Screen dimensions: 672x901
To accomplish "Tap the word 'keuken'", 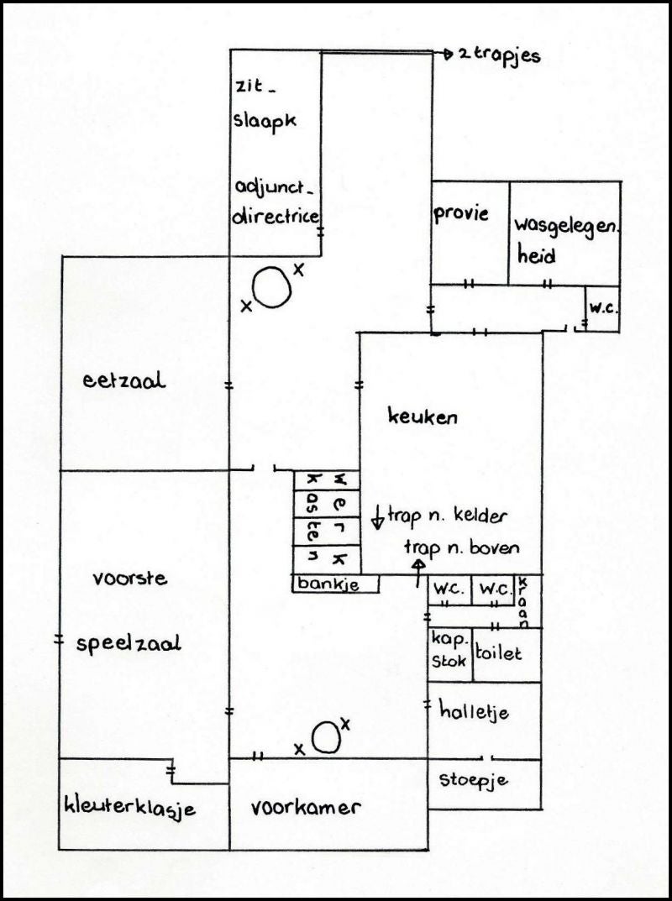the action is point(423,416).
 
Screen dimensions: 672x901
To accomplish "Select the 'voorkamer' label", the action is point(306,807).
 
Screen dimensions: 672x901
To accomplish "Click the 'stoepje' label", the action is point(474,780).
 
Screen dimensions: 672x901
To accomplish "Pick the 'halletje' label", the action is point(475,711).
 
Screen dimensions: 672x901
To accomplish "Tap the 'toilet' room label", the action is point(498,652).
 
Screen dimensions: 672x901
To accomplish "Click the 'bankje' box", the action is point(336,584).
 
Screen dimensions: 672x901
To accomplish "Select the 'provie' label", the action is point(461,214).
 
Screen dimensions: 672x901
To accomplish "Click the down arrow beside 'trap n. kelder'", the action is point(378,516).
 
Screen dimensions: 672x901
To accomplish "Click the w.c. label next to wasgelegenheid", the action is point(602,308).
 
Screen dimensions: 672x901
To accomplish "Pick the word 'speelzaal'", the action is point(129,643).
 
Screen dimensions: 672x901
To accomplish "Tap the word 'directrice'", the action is point(275,216).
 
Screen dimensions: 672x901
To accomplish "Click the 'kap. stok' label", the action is point(449,650).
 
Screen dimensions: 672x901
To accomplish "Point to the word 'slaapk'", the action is point(265,122).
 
